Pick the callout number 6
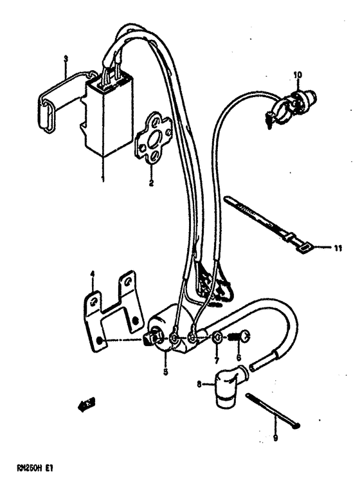tap(237, 358)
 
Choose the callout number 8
tap(199, 385)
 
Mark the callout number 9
tap(276, 439)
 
